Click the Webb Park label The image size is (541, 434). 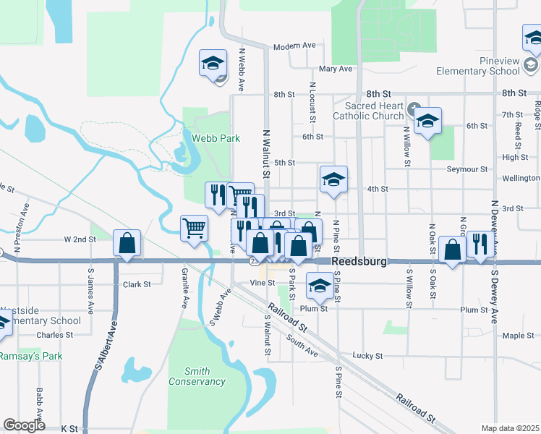[210, 137]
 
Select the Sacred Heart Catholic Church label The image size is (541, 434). [369, 111]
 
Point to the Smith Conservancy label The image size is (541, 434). [197, 376]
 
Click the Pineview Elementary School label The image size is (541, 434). [478, 66]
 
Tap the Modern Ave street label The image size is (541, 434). [294, 46]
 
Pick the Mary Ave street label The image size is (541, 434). [335, 69]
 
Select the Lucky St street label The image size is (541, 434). [367, 356]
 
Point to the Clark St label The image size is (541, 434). [137, 284]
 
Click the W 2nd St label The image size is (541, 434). [80, 239]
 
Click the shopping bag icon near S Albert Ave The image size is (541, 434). [127, 244]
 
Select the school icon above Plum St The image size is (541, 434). [319, 286]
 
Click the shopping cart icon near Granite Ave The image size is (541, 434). [194, 229]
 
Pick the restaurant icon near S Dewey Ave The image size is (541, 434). [480, 244]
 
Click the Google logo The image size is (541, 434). [25, 425]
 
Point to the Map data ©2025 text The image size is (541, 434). [510, 428]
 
